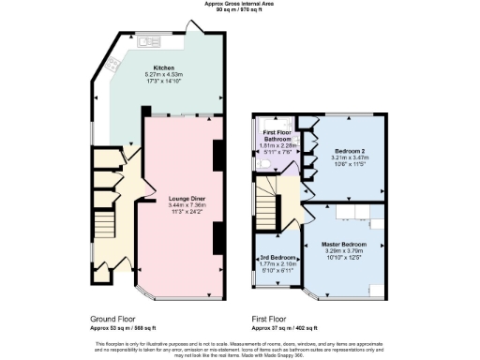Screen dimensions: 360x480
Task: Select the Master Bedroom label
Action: click(347, 244)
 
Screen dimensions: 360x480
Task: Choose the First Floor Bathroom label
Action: click(276, 137)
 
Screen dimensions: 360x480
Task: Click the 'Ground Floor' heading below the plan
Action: click(112, 319)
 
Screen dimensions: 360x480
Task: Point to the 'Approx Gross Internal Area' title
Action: click(239, 4)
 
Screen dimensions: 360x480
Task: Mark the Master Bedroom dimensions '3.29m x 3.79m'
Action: click(347, 250)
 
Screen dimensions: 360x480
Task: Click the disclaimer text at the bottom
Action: click(239, 348)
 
